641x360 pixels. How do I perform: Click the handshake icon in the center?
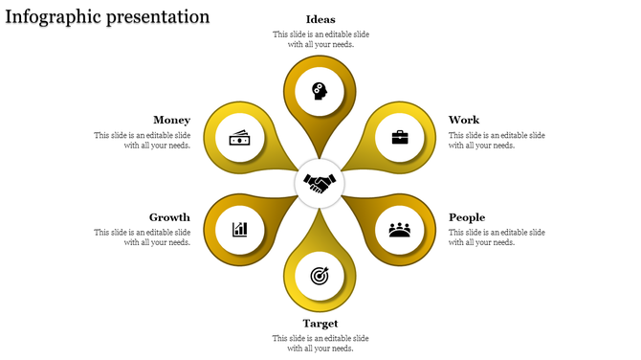[320, 181]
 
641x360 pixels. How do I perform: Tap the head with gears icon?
[320, 92]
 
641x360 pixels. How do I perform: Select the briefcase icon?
[399, 137]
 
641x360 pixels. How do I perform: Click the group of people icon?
[399, 229]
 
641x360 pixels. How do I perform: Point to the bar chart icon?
[240, 229]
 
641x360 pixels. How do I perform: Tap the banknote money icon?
[240, 138]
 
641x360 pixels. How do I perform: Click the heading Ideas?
[320, 19]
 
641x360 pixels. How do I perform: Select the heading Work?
[464, 120]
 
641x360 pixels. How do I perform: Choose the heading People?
[467, 217]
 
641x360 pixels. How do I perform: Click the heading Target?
[320, 324]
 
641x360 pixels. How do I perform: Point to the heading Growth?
[169, 217]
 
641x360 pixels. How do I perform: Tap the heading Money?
[171, 120]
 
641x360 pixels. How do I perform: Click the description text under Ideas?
[320, 39]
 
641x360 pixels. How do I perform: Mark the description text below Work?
[497, 141]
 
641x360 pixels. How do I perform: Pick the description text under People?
[497, 237]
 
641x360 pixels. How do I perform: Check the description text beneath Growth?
[142, 237]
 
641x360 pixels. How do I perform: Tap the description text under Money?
[142, 141]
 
